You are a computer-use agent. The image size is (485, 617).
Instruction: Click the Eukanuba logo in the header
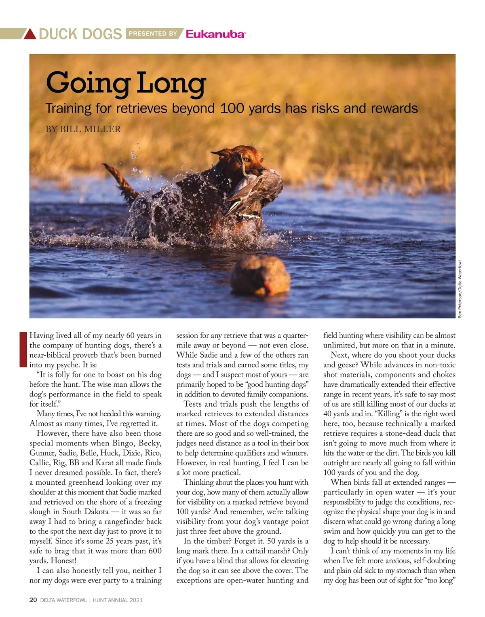(215, 34)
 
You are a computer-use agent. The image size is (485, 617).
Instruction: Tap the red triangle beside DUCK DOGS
(30, 34)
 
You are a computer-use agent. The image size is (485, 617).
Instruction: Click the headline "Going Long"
(126, 83)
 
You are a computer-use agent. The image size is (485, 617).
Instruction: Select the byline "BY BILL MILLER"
(83, 129)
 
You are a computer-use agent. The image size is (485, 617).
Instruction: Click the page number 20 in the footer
(33, 600)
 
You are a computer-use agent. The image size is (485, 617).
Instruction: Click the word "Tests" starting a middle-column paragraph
(192, 404)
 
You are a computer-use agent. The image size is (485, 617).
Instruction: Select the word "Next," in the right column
(342, 355)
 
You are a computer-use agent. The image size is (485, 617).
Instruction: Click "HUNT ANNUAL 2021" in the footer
(118, 600)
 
